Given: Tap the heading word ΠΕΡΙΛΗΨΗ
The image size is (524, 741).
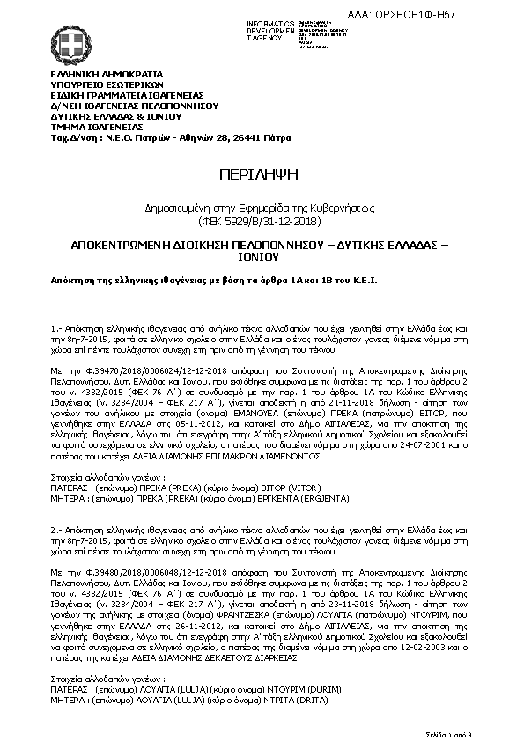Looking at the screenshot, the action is (x=262, y=173).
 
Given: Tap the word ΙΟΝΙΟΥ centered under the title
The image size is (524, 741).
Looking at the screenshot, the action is (x=261, y=259).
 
